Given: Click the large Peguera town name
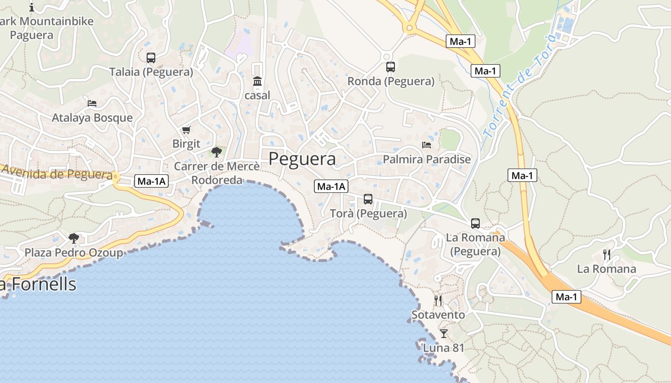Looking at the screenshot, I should [302, 158].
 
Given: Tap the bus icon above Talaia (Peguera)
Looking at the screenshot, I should [151, 58].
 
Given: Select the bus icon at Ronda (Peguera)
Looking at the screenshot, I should [391, 67].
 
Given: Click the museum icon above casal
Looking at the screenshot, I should [257, 81].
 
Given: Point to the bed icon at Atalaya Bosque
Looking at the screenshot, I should [92, 103].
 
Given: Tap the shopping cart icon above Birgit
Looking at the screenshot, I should [186, 130].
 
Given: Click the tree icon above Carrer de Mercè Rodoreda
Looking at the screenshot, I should [217, 152].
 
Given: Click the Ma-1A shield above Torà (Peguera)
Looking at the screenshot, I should [331, 186].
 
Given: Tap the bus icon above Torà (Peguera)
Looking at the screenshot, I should [368, 199].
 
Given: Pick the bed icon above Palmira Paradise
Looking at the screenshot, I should [427, 145].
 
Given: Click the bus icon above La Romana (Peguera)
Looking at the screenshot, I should [475, 224].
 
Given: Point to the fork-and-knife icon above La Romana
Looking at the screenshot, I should [607, 254].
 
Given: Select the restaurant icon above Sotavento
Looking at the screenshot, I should [438, 301].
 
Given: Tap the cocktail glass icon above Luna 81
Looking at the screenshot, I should [444, 333].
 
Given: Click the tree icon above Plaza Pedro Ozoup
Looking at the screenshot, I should [74, 238].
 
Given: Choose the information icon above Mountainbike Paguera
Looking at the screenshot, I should [32, 7].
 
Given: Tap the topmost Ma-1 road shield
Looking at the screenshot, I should [460, 41].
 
